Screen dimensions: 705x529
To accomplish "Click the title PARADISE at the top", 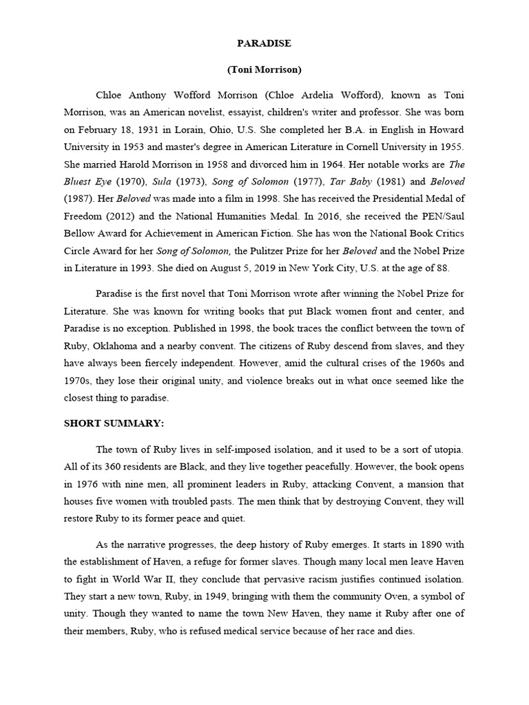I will (264, 43).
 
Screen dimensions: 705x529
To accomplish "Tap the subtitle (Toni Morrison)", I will (264, 70).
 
